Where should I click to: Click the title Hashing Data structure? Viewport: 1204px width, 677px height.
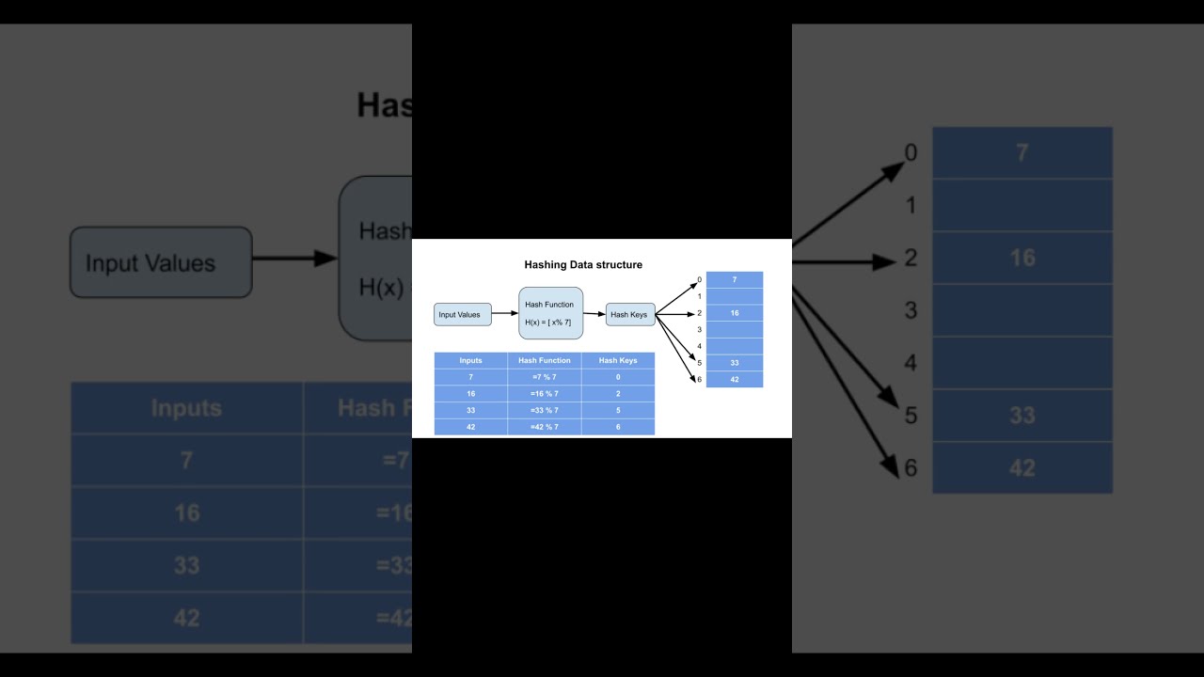[x=583, y=265]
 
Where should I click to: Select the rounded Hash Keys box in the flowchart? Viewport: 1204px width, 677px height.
[x=630, y=315]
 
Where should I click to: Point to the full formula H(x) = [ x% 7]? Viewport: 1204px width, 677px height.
[x=548, y=323]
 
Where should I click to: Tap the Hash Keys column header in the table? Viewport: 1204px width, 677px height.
[x=618, y=360]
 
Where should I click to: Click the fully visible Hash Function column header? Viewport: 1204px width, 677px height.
[x=545, y=360]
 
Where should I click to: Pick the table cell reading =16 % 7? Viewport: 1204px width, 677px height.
[x=545, y=394]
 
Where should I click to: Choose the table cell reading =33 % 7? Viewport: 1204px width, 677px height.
[x=545, y=410]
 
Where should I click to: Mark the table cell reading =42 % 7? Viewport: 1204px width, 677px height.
[x=545, y=427]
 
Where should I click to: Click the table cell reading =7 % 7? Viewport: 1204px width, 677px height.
[x=545, y=377]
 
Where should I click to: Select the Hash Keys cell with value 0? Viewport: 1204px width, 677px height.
[x=618, y=377]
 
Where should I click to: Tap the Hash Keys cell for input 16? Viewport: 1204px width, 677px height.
[x=618, y=394]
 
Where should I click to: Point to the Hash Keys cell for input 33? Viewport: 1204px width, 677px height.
[x=618, y=410]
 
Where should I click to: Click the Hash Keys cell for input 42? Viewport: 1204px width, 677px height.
[x=618, y=427]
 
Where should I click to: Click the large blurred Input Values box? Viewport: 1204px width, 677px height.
[x=161, y=262]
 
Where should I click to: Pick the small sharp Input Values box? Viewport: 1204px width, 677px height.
[x=462, y=315]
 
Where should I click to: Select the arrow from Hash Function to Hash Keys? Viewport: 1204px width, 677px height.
[x=594, y=314]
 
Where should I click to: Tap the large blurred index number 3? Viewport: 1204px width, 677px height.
[x=911, y=310]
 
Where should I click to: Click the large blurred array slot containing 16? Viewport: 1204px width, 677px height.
[x=1022, y=258]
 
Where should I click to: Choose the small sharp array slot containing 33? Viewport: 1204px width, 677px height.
[x=735, y=363]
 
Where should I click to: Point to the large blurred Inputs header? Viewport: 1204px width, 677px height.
[x=186, y=408]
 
